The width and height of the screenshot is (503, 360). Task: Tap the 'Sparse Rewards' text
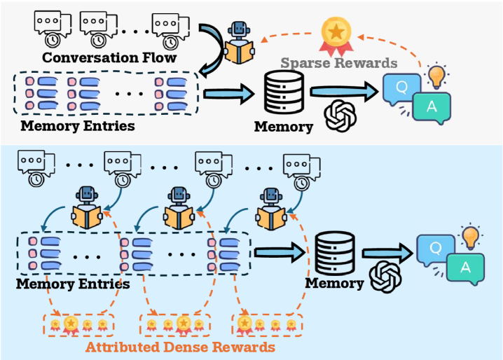coord(338,63)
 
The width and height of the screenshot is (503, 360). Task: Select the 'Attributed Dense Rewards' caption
coord(180,346)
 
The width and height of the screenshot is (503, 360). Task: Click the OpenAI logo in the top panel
coord(340,114)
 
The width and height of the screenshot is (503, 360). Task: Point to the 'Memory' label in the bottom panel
coord(334,284)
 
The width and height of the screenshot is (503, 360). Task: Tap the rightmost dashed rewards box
coord(268,324)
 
